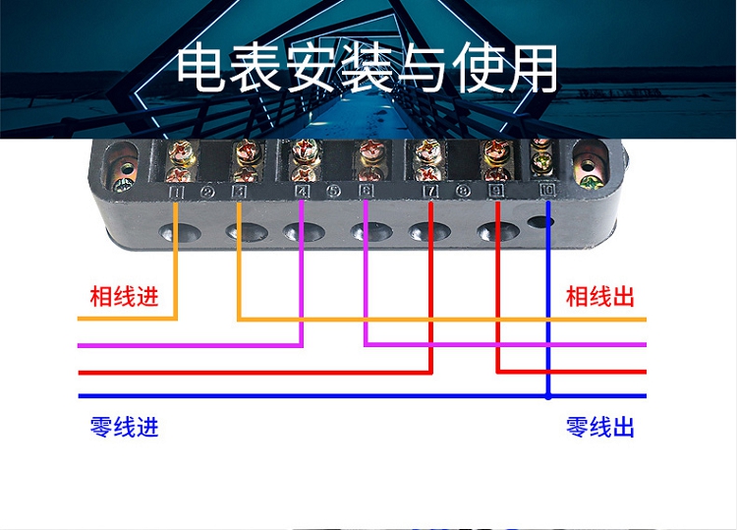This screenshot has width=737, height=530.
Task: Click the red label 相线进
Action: tap(124, 296)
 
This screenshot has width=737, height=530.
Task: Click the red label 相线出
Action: tap(600, 296)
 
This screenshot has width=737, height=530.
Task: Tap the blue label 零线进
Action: tap(124, 427)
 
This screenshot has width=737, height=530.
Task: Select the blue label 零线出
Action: tap(600, 427)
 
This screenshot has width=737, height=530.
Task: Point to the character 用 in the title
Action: tap(534, 69)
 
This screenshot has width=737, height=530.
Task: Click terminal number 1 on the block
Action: tap(177, 191)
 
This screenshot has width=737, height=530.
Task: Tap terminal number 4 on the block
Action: tap(302, 191)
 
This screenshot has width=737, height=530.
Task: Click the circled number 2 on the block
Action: tap(207, 192)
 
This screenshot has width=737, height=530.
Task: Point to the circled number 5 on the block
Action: tap(334, 191)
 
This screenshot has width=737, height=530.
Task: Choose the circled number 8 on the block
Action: tap(464, 191)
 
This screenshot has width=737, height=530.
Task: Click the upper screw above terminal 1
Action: tap(181, 152)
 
